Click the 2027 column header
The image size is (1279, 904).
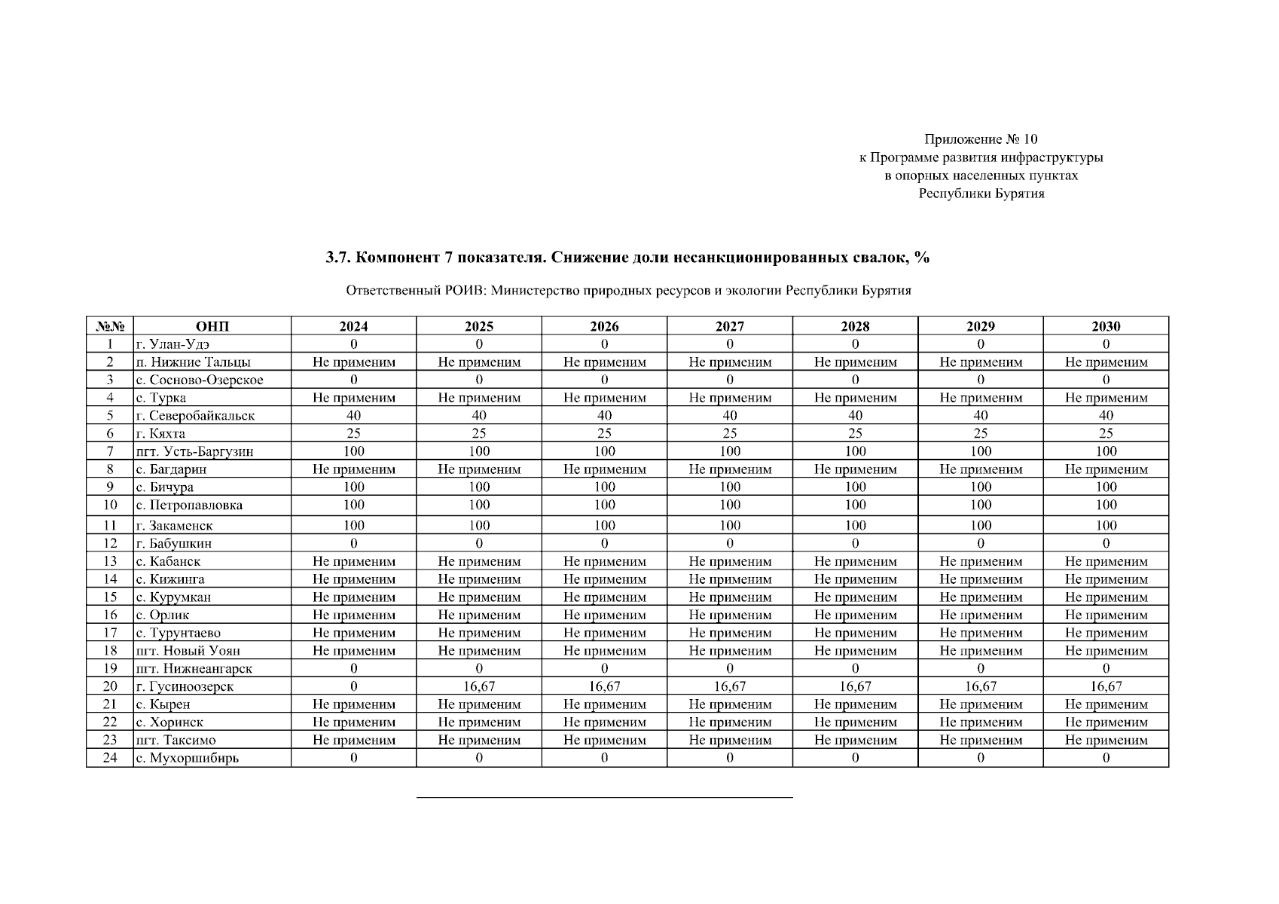(x=729, y=326)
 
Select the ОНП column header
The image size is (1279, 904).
(x=212, y=326)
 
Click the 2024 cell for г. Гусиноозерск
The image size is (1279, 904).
(x=353, y=686)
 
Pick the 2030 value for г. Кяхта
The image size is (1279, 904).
(x=1106, y=433)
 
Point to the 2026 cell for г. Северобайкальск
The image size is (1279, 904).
(x=604, y=415)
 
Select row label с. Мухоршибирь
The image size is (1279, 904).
(x=187, y=758)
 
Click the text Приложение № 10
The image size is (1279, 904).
(x=981, y=139)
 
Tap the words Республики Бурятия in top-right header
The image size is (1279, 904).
(x=981, y=194)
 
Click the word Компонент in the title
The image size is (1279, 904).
(x=394, y=258)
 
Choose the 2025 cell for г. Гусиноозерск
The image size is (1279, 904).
(x=479, y=686)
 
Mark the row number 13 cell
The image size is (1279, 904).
(x=110, y=561)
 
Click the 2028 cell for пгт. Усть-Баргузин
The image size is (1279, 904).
(x=855, y=451)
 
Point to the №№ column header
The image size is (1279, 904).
(x=110, y=326)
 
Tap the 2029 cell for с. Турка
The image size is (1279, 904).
(x=981, y=398)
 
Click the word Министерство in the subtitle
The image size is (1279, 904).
(x=535, y=291)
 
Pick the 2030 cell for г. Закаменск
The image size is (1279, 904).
(x=1106, y=525)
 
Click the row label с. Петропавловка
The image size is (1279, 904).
(x=189, y=505)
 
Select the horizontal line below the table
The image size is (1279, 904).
(x=604, y=797)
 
